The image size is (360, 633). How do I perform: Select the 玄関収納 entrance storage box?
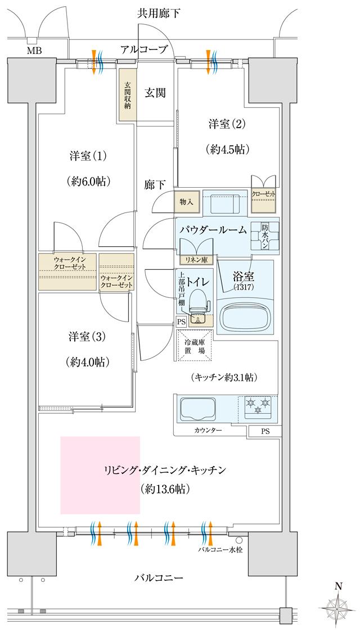(x=127, y=94)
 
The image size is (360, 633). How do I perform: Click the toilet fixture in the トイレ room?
(x=197, y=306)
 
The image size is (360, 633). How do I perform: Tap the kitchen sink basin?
(x=196, y=409)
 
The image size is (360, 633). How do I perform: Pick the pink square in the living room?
(x=100, y=474)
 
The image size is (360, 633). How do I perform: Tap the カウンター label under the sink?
(x=208, y=430)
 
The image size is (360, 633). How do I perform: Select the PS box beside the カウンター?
(x=264, y=431)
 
